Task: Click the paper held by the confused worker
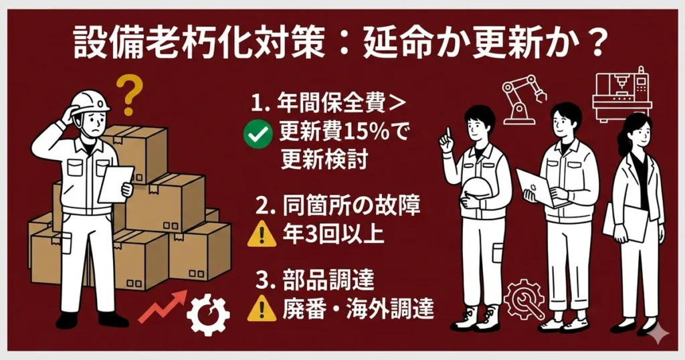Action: [x=115, y=183]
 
